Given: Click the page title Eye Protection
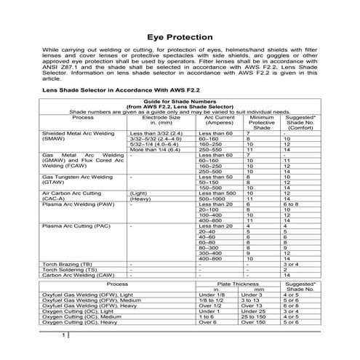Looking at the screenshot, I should pyautogui.click(x=180, y=36).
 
